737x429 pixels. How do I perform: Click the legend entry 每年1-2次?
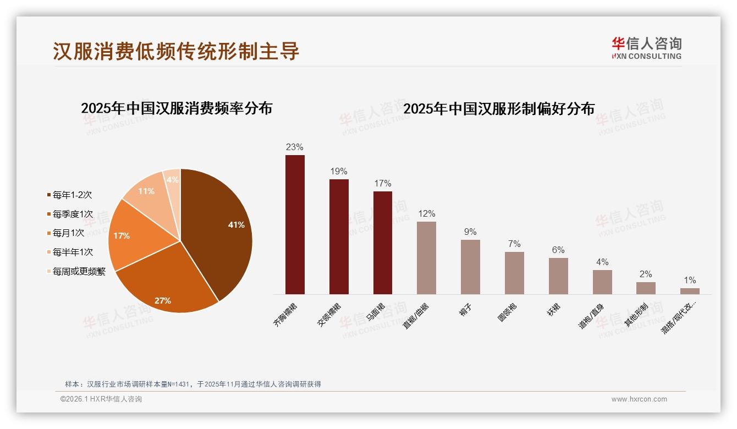(72, 195)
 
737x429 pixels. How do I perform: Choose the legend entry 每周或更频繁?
(79, 271)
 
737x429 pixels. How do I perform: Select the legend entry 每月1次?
(68, 233)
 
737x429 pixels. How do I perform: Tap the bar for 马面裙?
(383, 243)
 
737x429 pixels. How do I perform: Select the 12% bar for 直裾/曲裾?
(426, 258)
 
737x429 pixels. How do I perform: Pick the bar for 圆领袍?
(514, 273)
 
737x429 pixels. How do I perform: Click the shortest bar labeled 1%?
(690, 291)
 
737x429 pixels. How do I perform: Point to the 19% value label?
(339, 172)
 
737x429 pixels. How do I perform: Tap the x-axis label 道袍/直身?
(591, 316)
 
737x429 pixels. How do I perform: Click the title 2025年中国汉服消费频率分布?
(177, 108)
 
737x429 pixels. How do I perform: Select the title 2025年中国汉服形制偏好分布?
(499, 108)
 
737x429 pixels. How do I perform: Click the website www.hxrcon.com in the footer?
(639, 399)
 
